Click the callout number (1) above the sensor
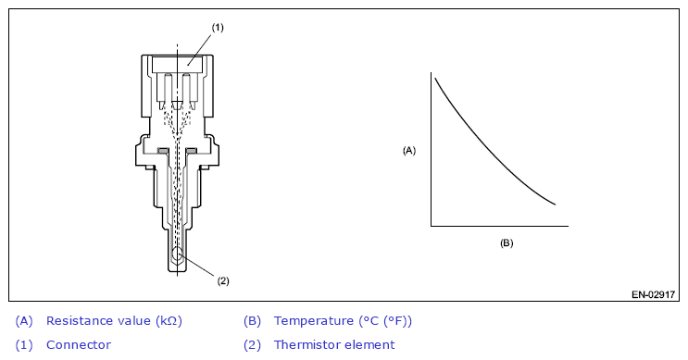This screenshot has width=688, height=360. [218, 28]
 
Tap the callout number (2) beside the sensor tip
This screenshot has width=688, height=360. [223, 281]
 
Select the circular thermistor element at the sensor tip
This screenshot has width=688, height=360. [178, 254]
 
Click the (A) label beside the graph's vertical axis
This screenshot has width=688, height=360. [409, 151]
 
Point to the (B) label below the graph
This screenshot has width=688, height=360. [507, 242]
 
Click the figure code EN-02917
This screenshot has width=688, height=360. [653, 294]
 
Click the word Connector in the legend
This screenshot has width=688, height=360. [79, 345]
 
